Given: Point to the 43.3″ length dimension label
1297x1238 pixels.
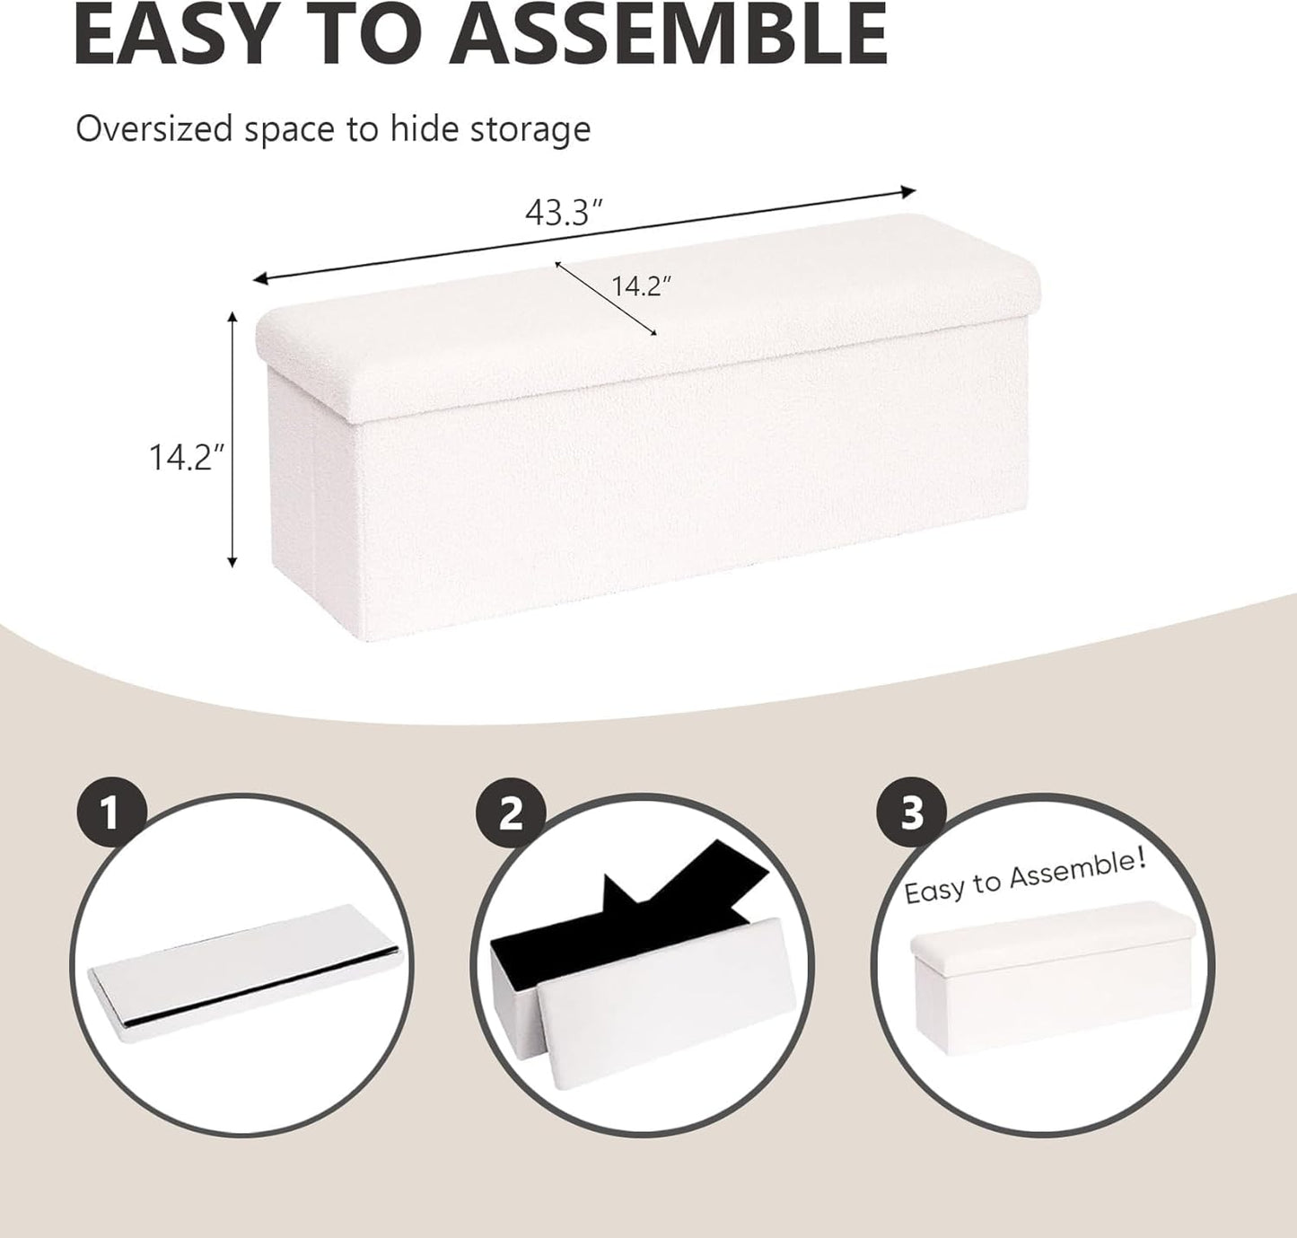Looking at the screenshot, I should point(563,213).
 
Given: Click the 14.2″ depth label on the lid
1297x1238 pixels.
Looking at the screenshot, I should point(641,285).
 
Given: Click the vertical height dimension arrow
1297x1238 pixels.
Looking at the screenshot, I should point(232,439).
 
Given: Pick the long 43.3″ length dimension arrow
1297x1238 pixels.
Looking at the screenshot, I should point(583,235).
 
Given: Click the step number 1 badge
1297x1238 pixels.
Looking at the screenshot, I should point(110,814).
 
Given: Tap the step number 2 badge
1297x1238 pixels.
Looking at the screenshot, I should point(511,814).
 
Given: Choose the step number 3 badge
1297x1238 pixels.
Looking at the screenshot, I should point(912,814).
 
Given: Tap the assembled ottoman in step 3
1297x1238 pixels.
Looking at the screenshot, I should point(1049,966).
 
